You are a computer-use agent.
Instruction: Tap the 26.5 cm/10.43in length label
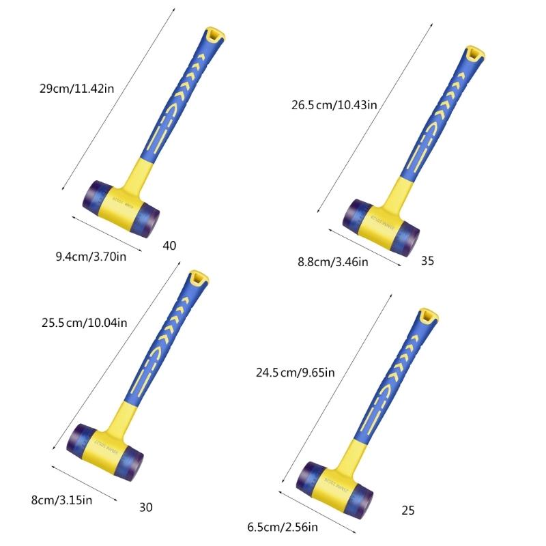[x=334, y=104]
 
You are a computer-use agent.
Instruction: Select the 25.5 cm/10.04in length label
[x=85, y=322]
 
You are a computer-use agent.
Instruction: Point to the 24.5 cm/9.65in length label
[x=295, y=372]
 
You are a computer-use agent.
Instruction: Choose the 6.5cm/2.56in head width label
[x=283, y=526]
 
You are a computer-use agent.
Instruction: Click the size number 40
[x=170, y=245]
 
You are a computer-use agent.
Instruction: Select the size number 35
[x=428, y=260]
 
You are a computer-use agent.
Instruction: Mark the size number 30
[x=145, y=506]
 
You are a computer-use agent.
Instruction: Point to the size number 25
[x=407, y=510]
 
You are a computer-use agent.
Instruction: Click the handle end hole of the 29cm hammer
[x=214, y=33]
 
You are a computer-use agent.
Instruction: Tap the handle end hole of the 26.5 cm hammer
[x=472, y=53]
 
